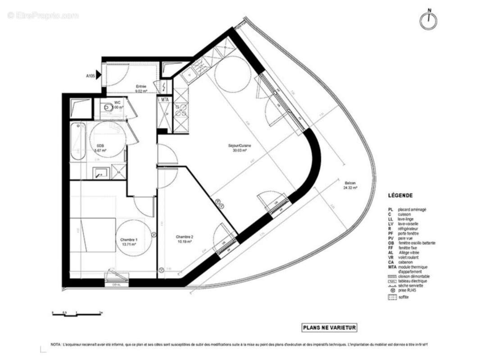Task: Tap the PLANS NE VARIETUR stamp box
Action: tap(329, 328)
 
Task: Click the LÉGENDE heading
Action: tap(400, 196)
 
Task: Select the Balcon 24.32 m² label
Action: tap(350, 186)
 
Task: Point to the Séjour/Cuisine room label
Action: tap(239, 148)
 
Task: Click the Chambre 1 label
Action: tap(128, 242)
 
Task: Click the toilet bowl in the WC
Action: tap(107, 108)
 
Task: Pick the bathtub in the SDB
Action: tap(77, 142)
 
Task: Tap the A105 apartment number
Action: tap(91, 76)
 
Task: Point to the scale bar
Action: tap(77, 314)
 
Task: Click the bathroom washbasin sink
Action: tap(100, 171)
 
